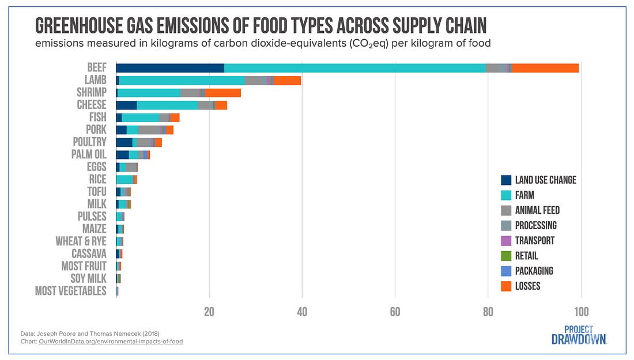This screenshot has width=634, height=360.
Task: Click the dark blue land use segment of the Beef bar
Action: tap(170, 68)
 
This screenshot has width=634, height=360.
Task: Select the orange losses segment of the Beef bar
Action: tap(545, 68)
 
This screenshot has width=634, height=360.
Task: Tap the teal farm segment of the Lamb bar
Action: tap(182, 80)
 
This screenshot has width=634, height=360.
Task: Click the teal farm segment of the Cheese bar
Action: tap(167, 105)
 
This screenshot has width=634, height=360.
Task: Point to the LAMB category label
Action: tap(95, 80)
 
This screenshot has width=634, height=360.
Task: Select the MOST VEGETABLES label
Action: tap(71, 291)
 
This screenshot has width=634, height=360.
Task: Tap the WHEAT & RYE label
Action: tap(81, 241)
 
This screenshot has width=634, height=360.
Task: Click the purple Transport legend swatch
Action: tap(507, 241)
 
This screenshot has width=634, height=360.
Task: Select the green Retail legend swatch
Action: tap(507, 256)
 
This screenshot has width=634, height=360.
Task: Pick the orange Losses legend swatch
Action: tap(507, 286)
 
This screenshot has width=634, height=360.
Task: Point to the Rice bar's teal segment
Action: tap(124, 179)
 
